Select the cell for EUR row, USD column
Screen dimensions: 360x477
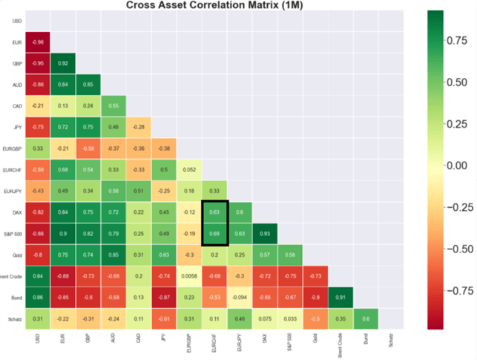pyautogui.click(x=37, y=42)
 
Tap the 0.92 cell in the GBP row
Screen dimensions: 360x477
pyautogui.click(x=63, y=63)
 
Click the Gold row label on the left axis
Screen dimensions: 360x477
pyautogui.click(x=17, y=255)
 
